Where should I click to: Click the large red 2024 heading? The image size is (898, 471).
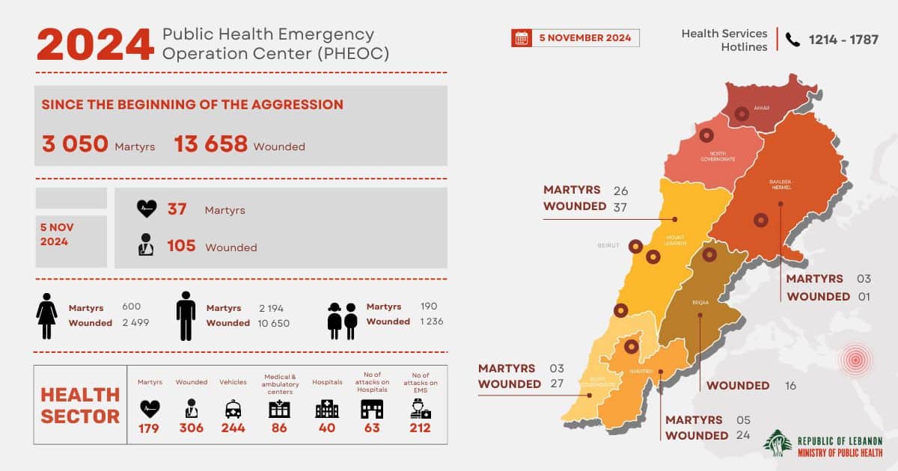[x=96, y=44]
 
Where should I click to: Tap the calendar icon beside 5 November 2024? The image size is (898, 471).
[x=521, y=38]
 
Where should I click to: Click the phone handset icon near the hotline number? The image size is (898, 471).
[x=792, y=40]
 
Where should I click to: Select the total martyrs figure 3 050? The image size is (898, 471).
[x=75, y=144]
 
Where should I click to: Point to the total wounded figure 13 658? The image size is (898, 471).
[x=210, y=144]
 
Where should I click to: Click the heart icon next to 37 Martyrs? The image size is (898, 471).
[x=147, y=209]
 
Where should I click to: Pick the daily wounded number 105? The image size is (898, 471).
[x=181, y=246]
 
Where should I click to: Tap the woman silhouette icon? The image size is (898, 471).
[x=46, y=315]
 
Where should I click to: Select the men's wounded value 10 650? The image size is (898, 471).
[x=274, y=323]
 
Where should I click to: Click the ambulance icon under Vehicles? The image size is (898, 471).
[x=233, y=409]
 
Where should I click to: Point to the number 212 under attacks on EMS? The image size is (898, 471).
[x=420, y=428]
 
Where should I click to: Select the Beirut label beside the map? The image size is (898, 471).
[x=608, y=245]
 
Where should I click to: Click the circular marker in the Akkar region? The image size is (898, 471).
[x=742, y=114]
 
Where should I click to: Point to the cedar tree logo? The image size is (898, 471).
[x=777, y=443]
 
